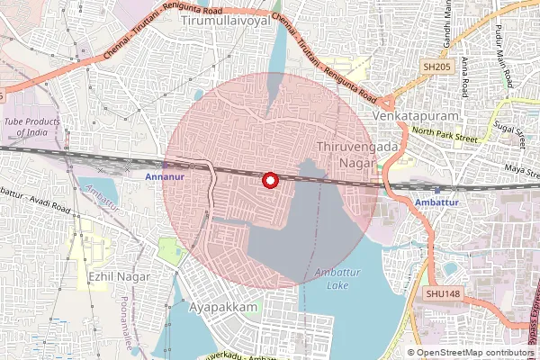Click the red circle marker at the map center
(x=269, y=180)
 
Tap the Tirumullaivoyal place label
(x=226, y=19)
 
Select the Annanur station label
(x=164, y=176)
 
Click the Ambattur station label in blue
(x=438, y=203)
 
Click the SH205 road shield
(x=436, y=67)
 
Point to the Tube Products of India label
(x=38, y=125)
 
